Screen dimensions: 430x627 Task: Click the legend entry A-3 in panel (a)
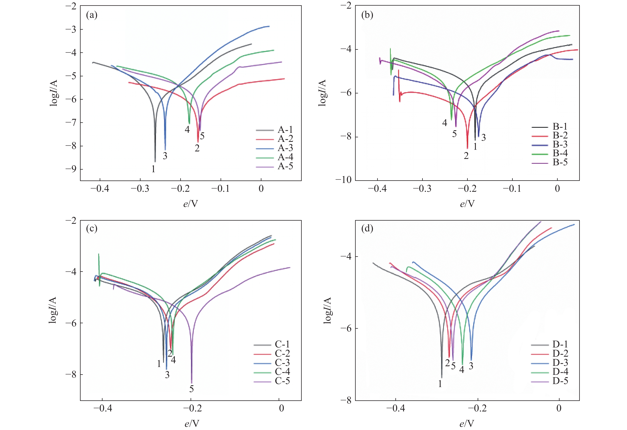point(285,148)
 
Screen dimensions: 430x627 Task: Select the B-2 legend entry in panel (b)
point(560,135)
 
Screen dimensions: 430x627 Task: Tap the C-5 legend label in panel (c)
point(282,381)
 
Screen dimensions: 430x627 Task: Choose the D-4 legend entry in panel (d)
point(560,372)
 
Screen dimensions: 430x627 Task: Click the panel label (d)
point(367,229)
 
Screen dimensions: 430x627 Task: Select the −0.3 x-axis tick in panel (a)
point(140,189)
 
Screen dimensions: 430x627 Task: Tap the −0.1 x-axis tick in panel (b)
point(512,189)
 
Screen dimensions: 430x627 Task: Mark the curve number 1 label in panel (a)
point(153,169)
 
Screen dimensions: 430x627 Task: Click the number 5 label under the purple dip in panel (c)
point(192,389)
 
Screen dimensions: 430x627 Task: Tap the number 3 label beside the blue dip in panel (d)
point(471,366)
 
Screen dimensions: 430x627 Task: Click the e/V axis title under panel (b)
point(467,204)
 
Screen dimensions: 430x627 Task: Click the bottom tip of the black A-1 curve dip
point(155,162)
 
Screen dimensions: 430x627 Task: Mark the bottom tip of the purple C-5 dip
point(192,383)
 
